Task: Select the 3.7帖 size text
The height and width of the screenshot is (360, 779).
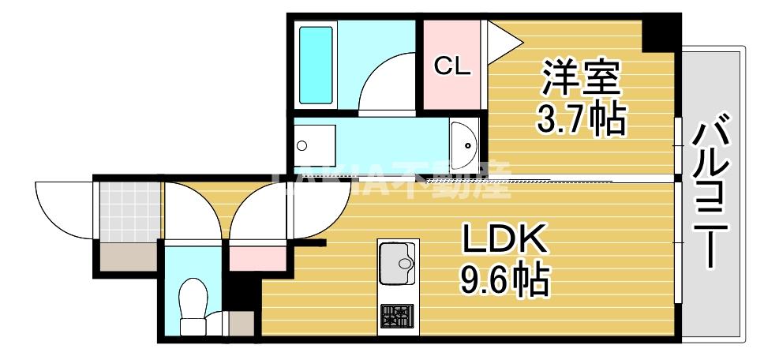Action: [580, 120]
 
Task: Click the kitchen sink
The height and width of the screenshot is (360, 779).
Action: [396, 261]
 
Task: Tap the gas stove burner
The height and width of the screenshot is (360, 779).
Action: [396, 317]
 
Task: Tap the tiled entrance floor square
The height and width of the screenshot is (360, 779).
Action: [128, 211]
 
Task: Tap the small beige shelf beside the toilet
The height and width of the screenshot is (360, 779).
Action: [240, 323]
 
